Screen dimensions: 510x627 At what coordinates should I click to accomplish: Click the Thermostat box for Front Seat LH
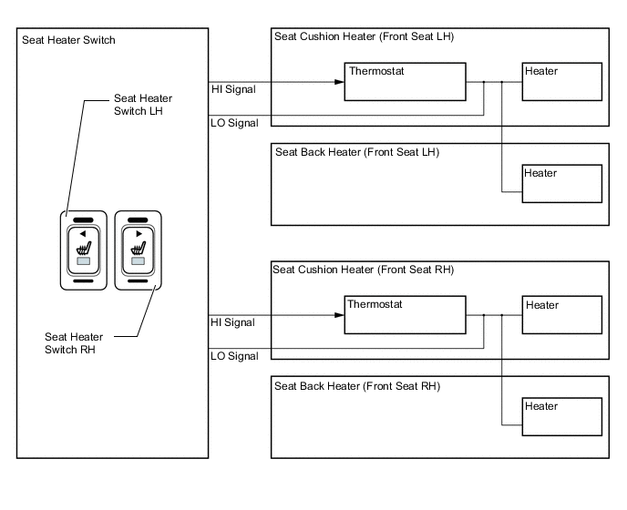click(406, 82)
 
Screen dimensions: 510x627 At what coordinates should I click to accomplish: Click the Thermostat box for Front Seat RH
click(405, 315)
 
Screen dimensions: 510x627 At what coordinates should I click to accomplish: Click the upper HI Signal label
click(233, 89)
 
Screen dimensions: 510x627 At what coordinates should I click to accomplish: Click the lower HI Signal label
click(233, 322)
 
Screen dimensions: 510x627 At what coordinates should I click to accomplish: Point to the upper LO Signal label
click(234, 122)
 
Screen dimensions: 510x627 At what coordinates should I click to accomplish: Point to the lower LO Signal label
click(234, 355)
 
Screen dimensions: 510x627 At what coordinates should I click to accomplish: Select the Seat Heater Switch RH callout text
click(76, 343)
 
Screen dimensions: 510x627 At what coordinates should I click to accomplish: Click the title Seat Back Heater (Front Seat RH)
click(357, 386)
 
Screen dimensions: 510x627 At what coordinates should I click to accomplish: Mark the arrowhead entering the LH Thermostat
click(339, 82)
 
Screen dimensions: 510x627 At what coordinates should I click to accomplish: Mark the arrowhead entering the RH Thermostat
click(339, 315)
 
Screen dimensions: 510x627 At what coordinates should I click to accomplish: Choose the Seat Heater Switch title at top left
click(68, 40)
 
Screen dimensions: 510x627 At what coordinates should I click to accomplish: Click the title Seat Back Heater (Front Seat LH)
click(357, 152)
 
